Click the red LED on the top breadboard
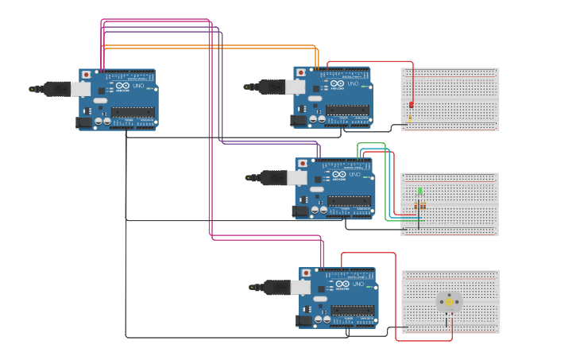(x=411, y=104)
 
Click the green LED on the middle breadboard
(x=419, y=191)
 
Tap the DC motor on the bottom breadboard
(x=449, y=302)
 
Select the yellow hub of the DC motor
(x=449, y=301)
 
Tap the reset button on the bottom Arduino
(x=306, y=273)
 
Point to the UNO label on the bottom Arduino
(x=358, y=285)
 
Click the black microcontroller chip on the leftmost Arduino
(x=133, y=112)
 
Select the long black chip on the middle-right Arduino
(x=350, y=201)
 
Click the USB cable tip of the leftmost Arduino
(x=33, y=89)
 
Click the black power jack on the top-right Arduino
(x=299, y=120)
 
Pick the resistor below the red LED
(x=410, y=119)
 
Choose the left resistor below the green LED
(x=416, y=206)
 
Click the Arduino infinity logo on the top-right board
(x=338, y=83)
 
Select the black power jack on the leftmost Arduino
(x=83, y=122)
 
